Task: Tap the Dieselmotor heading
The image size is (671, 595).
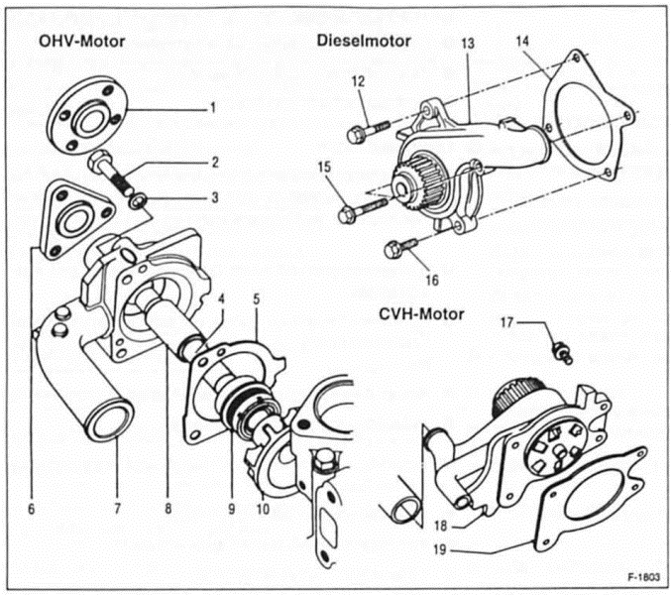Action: point(364,42)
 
